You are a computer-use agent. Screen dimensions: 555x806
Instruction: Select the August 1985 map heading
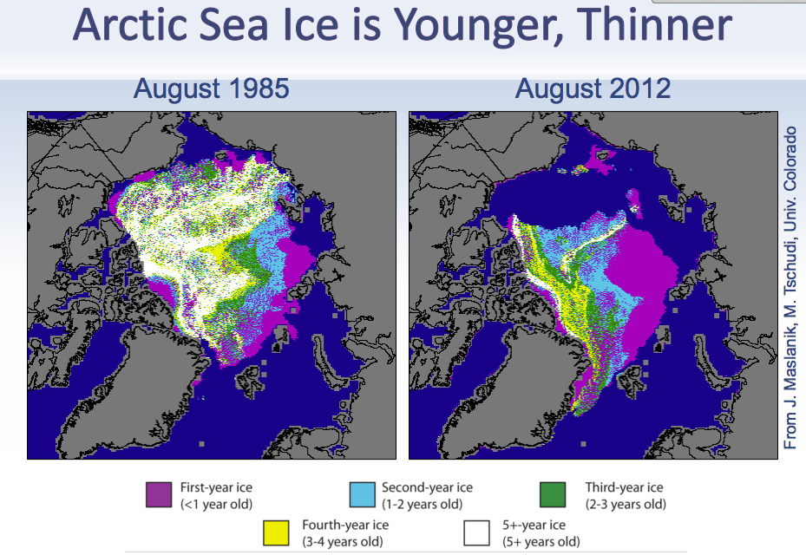click(211, 88)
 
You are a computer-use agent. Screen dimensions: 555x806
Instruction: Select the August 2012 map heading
click(593, 88)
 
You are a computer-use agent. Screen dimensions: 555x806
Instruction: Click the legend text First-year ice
click(216, 487)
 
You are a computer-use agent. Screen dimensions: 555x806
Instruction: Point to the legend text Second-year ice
click(427, 487)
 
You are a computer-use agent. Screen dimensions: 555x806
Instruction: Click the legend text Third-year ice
click(624, 487)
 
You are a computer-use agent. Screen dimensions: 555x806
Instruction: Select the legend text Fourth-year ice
click(344, 525)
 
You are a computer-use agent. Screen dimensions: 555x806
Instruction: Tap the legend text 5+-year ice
click(534, 525)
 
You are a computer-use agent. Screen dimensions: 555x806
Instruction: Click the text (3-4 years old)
click(344, 541)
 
